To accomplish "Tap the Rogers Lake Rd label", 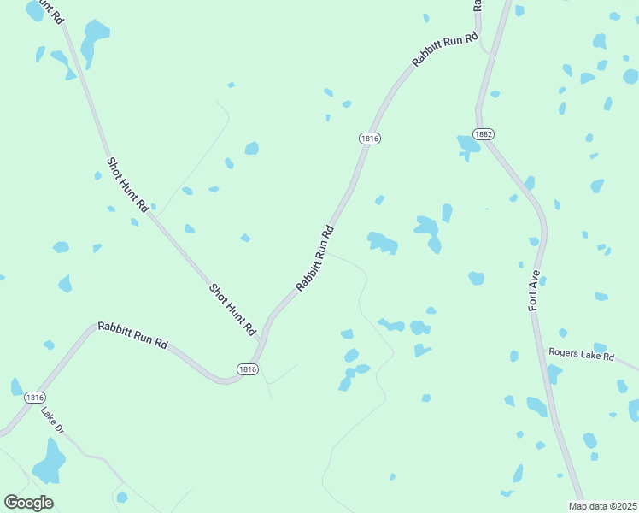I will click(x=582, y=354).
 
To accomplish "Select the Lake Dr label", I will click(x=53, y=421).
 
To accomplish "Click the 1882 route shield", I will click(x=484, y=134).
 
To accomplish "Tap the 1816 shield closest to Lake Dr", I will click(x=34, y=398).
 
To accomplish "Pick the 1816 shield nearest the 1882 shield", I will click(x=369, y=139).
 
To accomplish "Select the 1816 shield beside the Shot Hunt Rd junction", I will click(x=247, y=369).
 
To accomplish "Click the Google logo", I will click(x=28, y=503).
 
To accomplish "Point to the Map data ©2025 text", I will click(x=602, y=506).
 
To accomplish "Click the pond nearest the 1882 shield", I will click(x=468, y=145).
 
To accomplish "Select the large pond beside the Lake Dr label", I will click(x=50, y=463).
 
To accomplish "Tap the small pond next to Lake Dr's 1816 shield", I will click(x=16, y=387).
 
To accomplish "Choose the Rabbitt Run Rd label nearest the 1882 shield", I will click(x=445, y=50).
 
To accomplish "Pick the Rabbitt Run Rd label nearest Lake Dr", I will click(x=132, y=333).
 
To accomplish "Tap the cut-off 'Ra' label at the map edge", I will click(x=478, y=4).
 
